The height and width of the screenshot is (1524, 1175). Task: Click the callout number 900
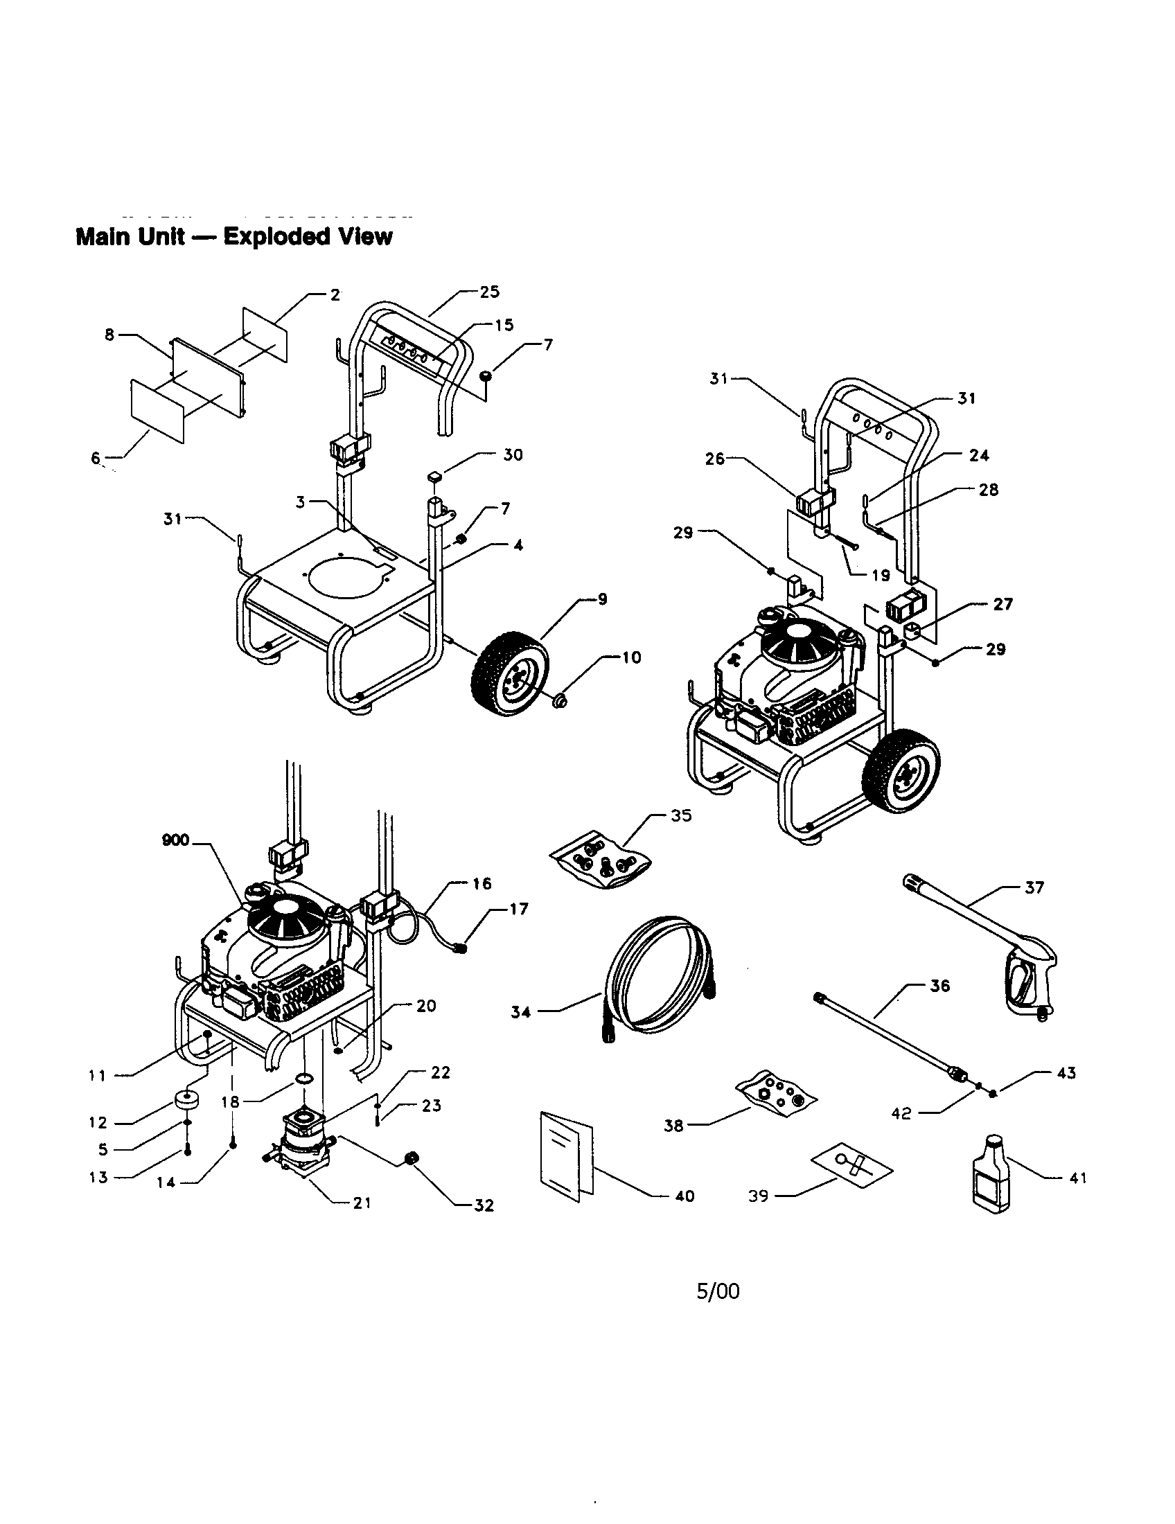pyautogui.click(x=175, y=840)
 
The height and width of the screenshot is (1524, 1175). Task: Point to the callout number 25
pyautogui.click(x=490, y=292)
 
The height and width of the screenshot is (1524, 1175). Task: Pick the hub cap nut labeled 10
pyautogui.click(x=559, y=699)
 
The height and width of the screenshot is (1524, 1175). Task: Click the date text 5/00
pyautogui.click(x=718, y=1292)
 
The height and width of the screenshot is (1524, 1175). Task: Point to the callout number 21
pyautogui.click(x=362, y=1203)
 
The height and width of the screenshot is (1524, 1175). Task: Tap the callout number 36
pyautogui.click(x=940, y=986)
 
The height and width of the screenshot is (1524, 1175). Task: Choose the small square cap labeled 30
pyautogui.click(x=434, y=477)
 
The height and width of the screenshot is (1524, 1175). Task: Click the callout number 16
pyautogui.click(x=482, y=883)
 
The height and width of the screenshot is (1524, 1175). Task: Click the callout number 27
pyautogui.click(x=1002, y=604)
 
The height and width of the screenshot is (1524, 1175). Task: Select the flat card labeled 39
pyautogui.click(x=852, y=1164)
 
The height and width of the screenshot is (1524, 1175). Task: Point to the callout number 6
pyautogui.click(x=96, y=458)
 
